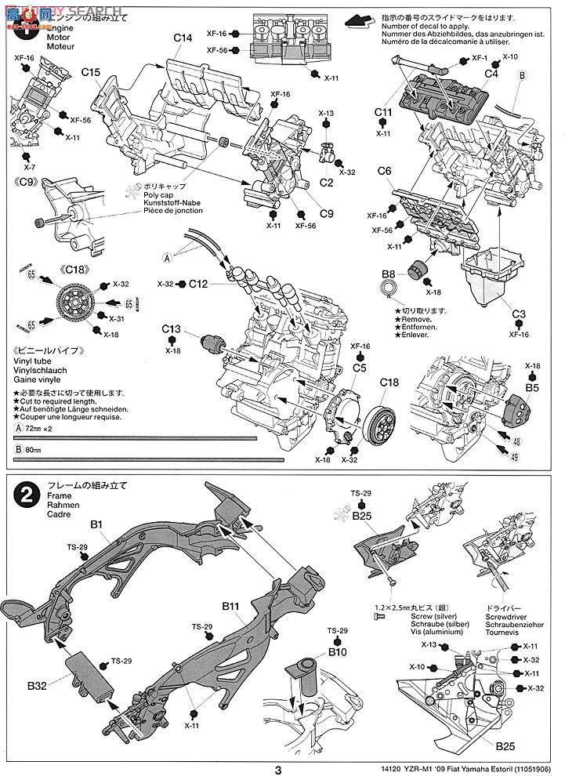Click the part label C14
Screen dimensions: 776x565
click(x=183, y=38)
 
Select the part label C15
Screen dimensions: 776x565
click(x=91, y=73)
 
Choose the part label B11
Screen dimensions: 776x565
click(x=230, y=607)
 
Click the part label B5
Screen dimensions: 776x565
click(x=533, y=386)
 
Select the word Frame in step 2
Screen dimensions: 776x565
click(x=59, y=497)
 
